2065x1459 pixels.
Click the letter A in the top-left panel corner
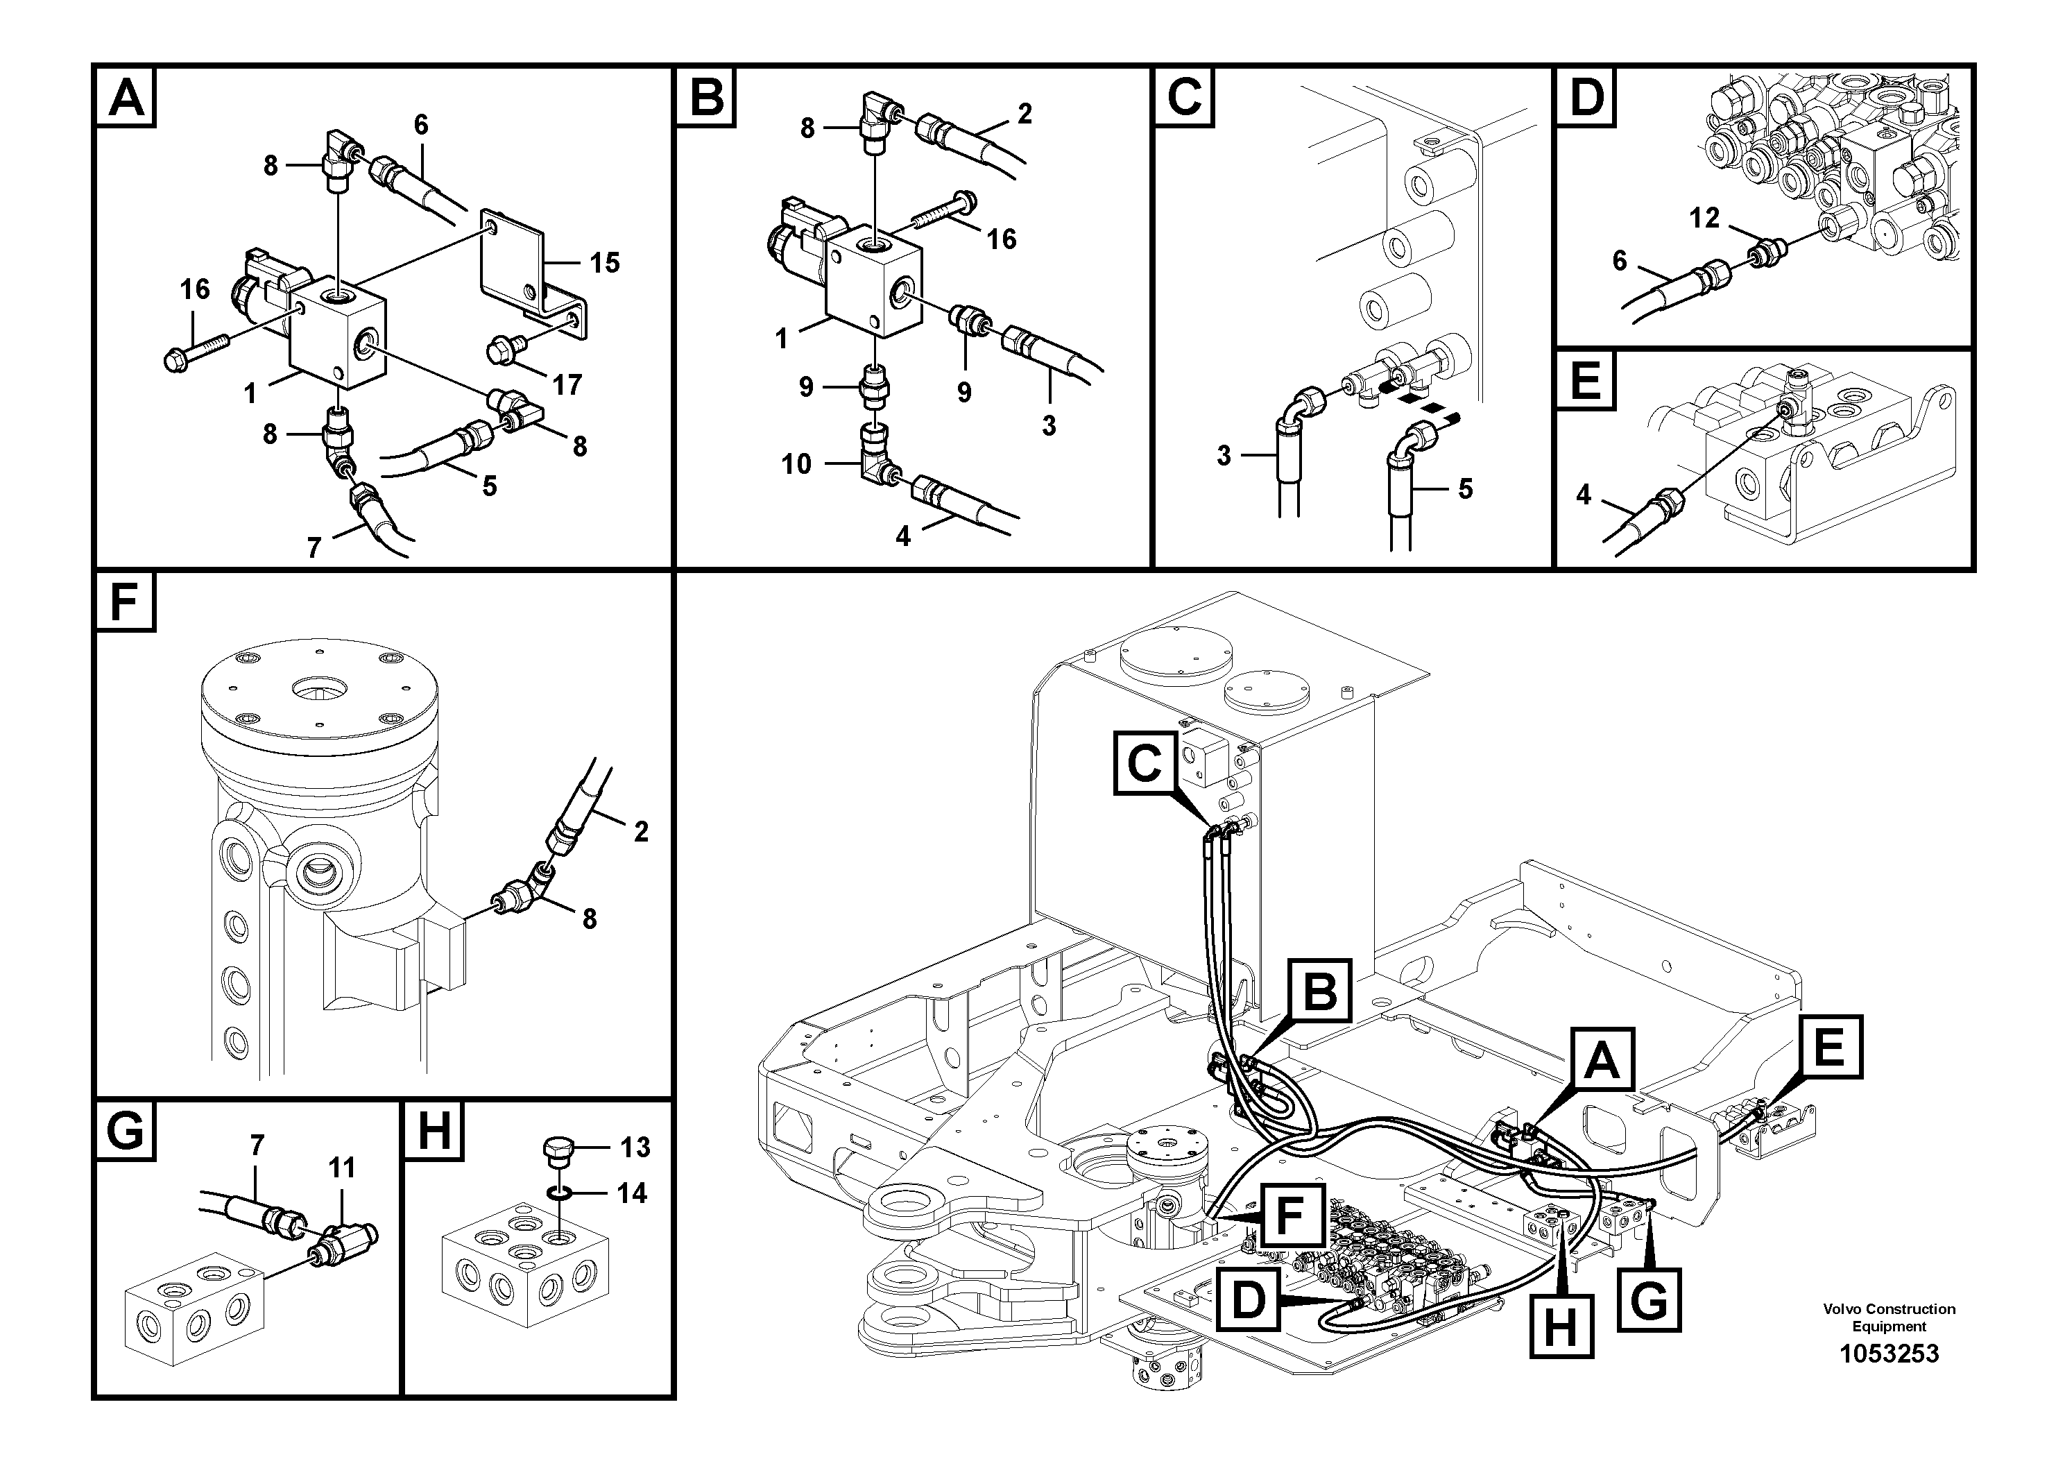pyautogui.click(x=125, y=98)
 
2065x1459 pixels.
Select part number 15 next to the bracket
pyautogui.click(x=604, y=263)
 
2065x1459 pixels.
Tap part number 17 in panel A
pyautogui.click(x=567, y=385)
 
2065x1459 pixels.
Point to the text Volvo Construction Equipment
pyautogui.click(x=1889, y=1317)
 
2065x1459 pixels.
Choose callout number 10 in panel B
pyautogui.click(x=796, y=464)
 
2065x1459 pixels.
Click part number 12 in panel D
pyautogui.click(x=1704, y=218)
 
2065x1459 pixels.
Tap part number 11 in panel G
pyautogui.click(x=342, y=1168)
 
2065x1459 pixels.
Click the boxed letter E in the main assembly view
pyautogui.click(x=1829, y=1047)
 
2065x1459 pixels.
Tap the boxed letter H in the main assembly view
pyautogui.click(x=1561, y=1326)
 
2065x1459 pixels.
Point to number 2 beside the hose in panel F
pyautogui.click(x=640, y=831)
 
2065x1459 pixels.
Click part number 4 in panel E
pyautogui.click(x=1584, y=495)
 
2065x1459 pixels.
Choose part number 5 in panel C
pyautogui.click(x=1465, y=489)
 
